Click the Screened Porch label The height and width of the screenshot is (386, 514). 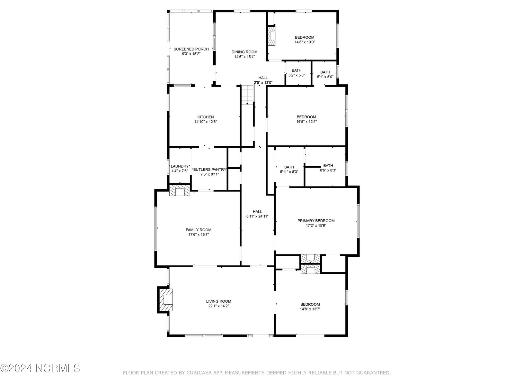click(x=191, y=49)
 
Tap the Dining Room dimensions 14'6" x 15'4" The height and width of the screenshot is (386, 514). click(x=244, y=57)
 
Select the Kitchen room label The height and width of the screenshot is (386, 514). click(x=205, y=117)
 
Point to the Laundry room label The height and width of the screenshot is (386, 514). click(x=180, y=166)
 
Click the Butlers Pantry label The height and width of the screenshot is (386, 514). click(x=209, y=170)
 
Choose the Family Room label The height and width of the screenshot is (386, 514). click(x=198, y=230)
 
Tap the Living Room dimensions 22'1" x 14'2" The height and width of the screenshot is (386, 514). click(x=218, y=306)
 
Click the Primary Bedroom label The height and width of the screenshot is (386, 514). click(x=316, y=221)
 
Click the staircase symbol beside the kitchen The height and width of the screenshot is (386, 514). click(x=247, y=95)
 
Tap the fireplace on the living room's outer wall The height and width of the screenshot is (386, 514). click(x=166, y=299)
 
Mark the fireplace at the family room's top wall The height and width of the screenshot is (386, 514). click(x=180, y=190)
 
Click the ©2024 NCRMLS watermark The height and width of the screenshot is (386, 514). click(x=40, y=368)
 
